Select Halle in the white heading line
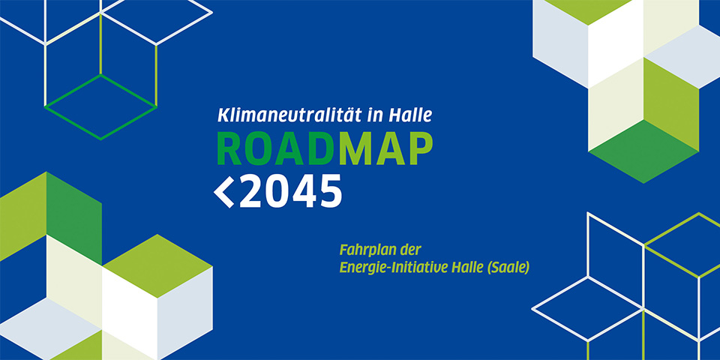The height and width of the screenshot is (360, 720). click(x=410, y=115)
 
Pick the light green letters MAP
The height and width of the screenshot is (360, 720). click(x=385, y=148)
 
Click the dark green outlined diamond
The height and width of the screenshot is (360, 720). click(x=100, y=106)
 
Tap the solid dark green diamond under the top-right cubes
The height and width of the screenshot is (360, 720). click(x=643, y=151)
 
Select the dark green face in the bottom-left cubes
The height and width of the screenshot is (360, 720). click(x=74, y=216)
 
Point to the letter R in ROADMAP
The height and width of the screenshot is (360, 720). click(x=229, y=148)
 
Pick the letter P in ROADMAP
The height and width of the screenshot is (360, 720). click(x=420, y=148)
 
